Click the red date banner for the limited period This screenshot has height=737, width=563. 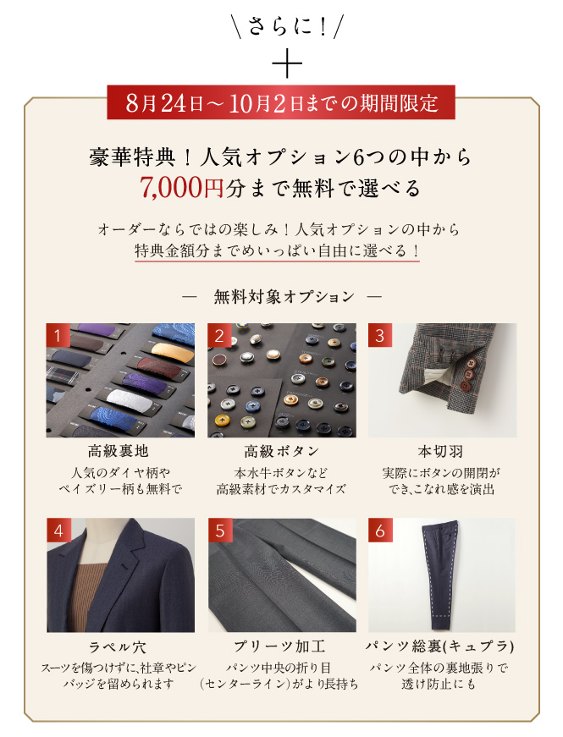[281, 102]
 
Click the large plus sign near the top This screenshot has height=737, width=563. [287, 63]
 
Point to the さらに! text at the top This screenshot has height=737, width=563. [287, 26]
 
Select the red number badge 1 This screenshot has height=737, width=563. [58, 335]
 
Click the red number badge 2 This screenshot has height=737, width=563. [219, 335]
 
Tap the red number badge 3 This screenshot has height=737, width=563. [380, 335]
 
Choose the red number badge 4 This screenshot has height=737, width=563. [58, 531]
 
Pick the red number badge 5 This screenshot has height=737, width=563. [219, 531]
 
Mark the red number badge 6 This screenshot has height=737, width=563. [380, 531]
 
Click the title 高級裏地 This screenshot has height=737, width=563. [118, 451]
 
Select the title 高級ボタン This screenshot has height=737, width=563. [281, 451]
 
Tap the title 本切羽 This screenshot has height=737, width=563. [440, 451]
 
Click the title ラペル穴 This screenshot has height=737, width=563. [118, 647]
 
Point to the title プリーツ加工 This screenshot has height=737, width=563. [279, 646]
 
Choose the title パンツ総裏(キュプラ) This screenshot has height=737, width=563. [440, 646]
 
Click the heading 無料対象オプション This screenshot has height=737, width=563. [284, 297]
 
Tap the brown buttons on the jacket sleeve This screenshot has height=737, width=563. [467, 374]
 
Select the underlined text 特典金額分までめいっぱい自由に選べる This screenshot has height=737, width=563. [277, 250]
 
